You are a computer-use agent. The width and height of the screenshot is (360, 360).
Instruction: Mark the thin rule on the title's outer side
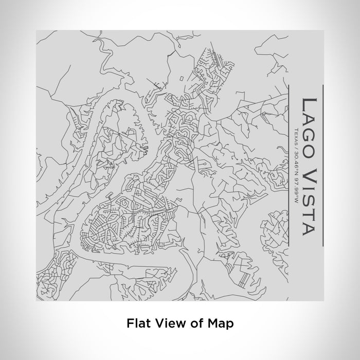(x=322, y=165)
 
